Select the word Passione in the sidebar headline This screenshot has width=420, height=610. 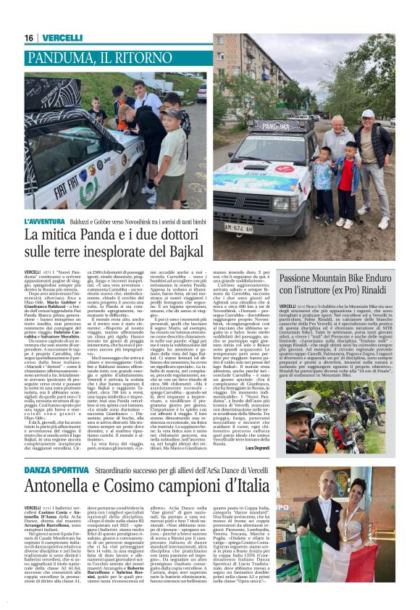[306, 277]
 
